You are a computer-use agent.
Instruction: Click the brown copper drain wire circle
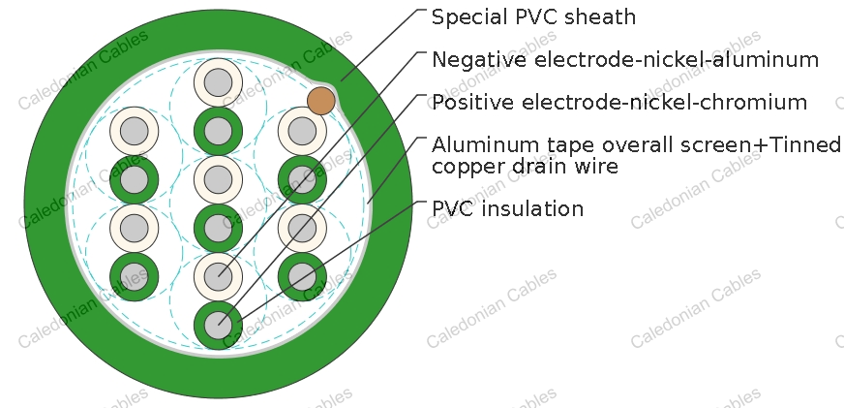[x=320, y=101]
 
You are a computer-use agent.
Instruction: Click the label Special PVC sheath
[x=533, y=17]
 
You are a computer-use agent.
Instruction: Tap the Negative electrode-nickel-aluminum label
[x=625, y=59]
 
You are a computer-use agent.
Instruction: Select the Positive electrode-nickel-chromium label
[x=619, y=102]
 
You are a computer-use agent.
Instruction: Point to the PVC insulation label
[x=507, y=208]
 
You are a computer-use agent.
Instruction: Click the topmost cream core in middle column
[x=218, y=82]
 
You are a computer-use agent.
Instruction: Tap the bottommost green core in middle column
[x=218, y=325]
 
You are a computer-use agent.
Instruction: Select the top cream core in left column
[x=134, y=131]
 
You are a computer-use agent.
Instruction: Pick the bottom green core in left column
[x=134, y=277]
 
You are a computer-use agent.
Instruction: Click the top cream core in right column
[x=302, y=131]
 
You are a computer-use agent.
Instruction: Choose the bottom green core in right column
[x=302, y=277]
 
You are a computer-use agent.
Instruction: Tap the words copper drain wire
[x=525, y=167]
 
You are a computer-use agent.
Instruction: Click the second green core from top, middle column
[x=218, y=228]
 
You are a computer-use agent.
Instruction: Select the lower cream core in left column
[x=134, y=228]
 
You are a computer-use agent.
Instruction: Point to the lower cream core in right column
[x=302, y=228]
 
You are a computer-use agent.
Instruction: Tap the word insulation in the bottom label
[x=531, y=208]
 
